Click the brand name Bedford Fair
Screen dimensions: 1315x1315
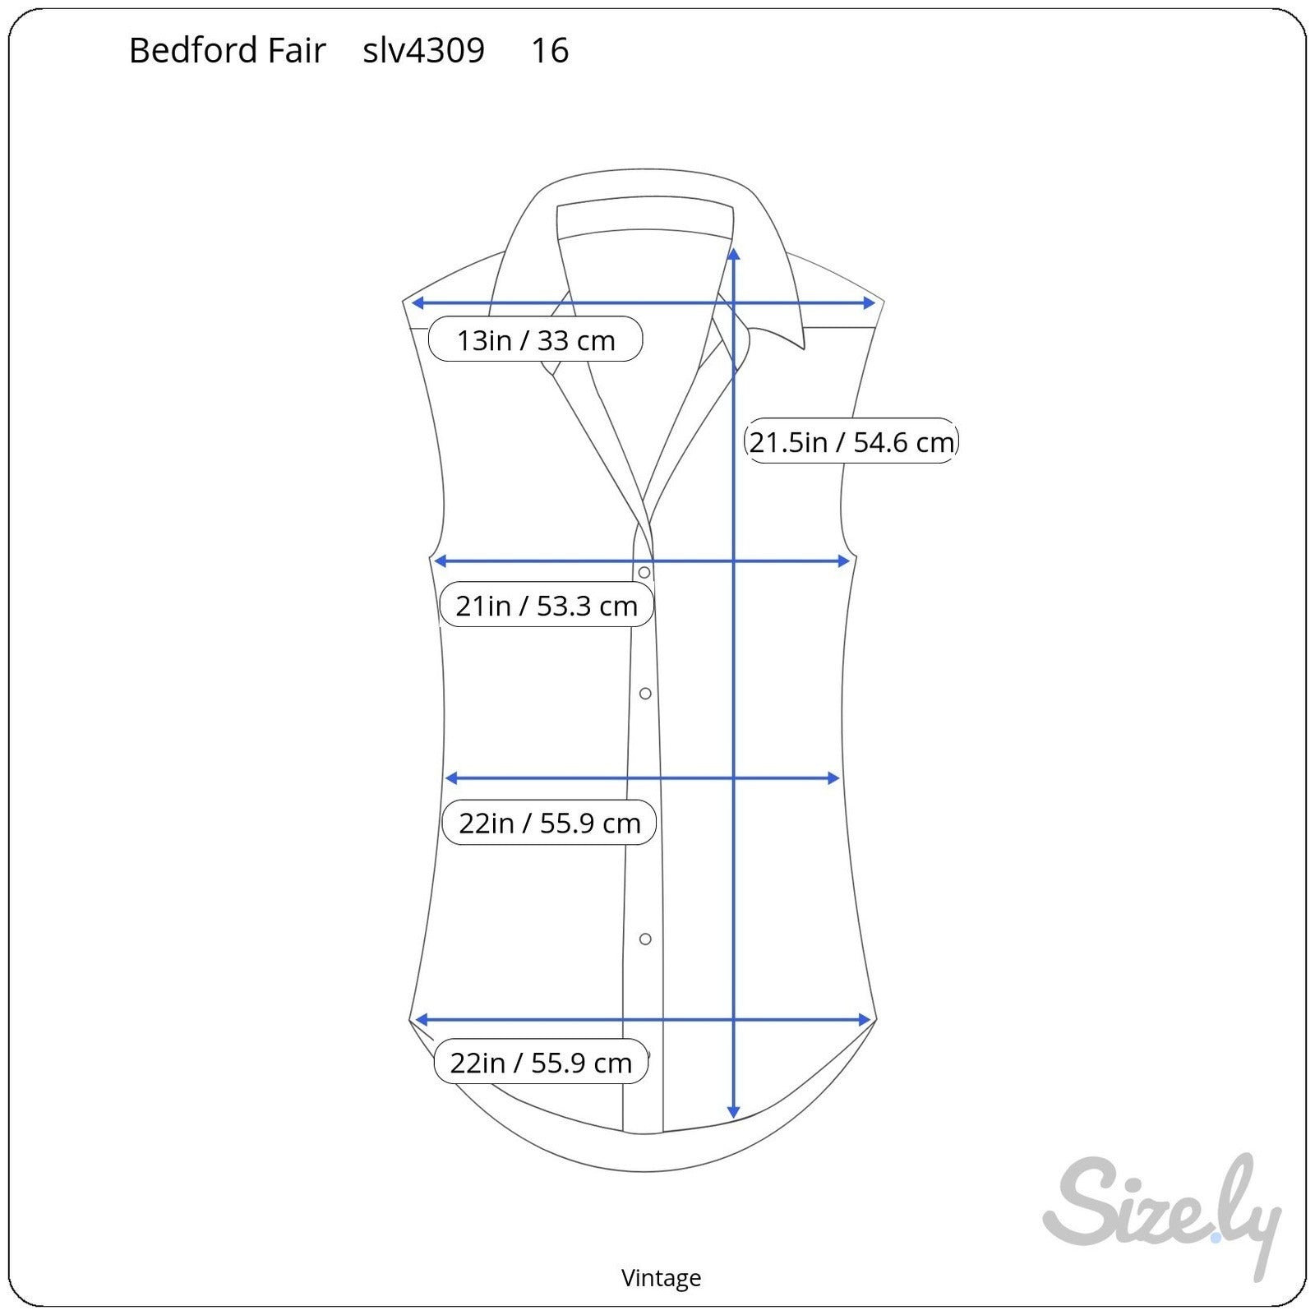[x=228, y=51]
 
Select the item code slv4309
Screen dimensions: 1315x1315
[x=424, y=51]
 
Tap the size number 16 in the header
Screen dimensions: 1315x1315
[x=550, y=51]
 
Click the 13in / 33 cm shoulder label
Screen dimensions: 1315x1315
[x=535, y=339]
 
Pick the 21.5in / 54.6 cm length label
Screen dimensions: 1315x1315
[x=851, y=441]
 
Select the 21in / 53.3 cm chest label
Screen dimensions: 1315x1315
[x=547, y=606]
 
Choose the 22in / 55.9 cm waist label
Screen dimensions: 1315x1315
[x=549, y=823]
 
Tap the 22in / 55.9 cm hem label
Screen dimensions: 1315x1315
[x=541, y=1063]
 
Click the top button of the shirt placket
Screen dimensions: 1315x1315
[x=644, y=572]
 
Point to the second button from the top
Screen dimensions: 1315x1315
[x=645, y=694]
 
